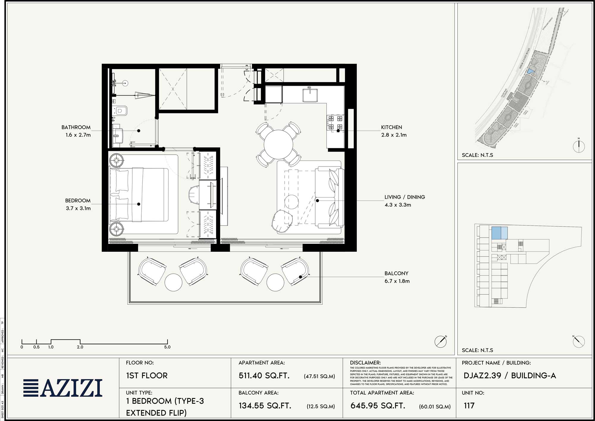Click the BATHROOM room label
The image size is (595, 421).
point(76,127)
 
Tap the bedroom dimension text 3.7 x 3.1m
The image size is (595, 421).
point(78,208)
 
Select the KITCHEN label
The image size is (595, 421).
point(392,127)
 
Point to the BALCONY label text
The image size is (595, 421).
point(396,273)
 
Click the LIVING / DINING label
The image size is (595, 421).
point(405,197)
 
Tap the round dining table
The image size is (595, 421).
point(278,145)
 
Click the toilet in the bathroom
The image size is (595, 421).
point(121,111)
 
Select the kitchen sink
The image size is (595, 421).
point(310,95)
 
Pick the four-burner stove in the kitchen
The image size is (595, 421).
point(335,123)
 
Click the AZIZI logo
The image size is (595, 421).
point(63,388)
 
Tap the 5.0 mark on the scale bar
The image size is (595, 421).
point(167,347)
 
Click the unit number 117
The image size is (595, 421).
point(469,406)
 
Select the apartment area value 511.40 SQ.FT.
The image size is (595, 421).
point(264,376)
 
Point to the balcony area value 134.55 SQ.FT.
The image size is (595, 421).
point(265,406)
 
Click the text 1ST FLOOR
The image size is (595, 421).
point(147,376)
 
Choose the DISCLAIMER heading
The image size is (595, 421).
point(365,363)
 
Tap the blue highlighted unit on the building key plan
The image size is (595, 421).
point(499,233)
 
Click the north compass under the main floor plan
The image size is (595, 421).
point(441,341)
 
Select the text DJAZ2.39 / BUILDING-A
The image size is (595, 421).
point(510,376)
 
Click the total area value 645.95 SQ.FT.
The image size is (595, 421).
point(378,406)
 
